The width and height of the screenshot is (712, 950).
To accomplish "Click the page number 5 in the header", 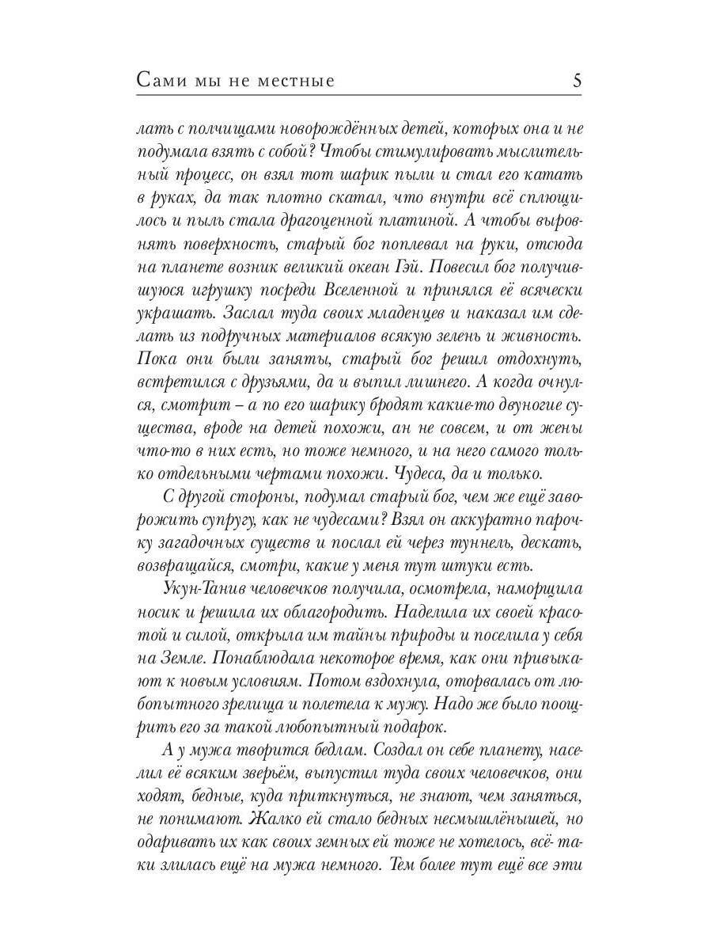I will pyautogui.click(x=576, y=80).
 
